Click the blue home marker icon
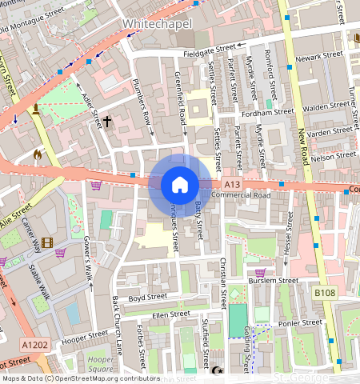tap(180, 186)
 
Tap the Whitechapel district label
tap(158, 25)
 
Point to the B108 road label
tap(324, 294)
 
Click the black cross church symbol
tap(107, 122)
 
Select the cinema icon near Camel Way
tap(47, 242)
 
